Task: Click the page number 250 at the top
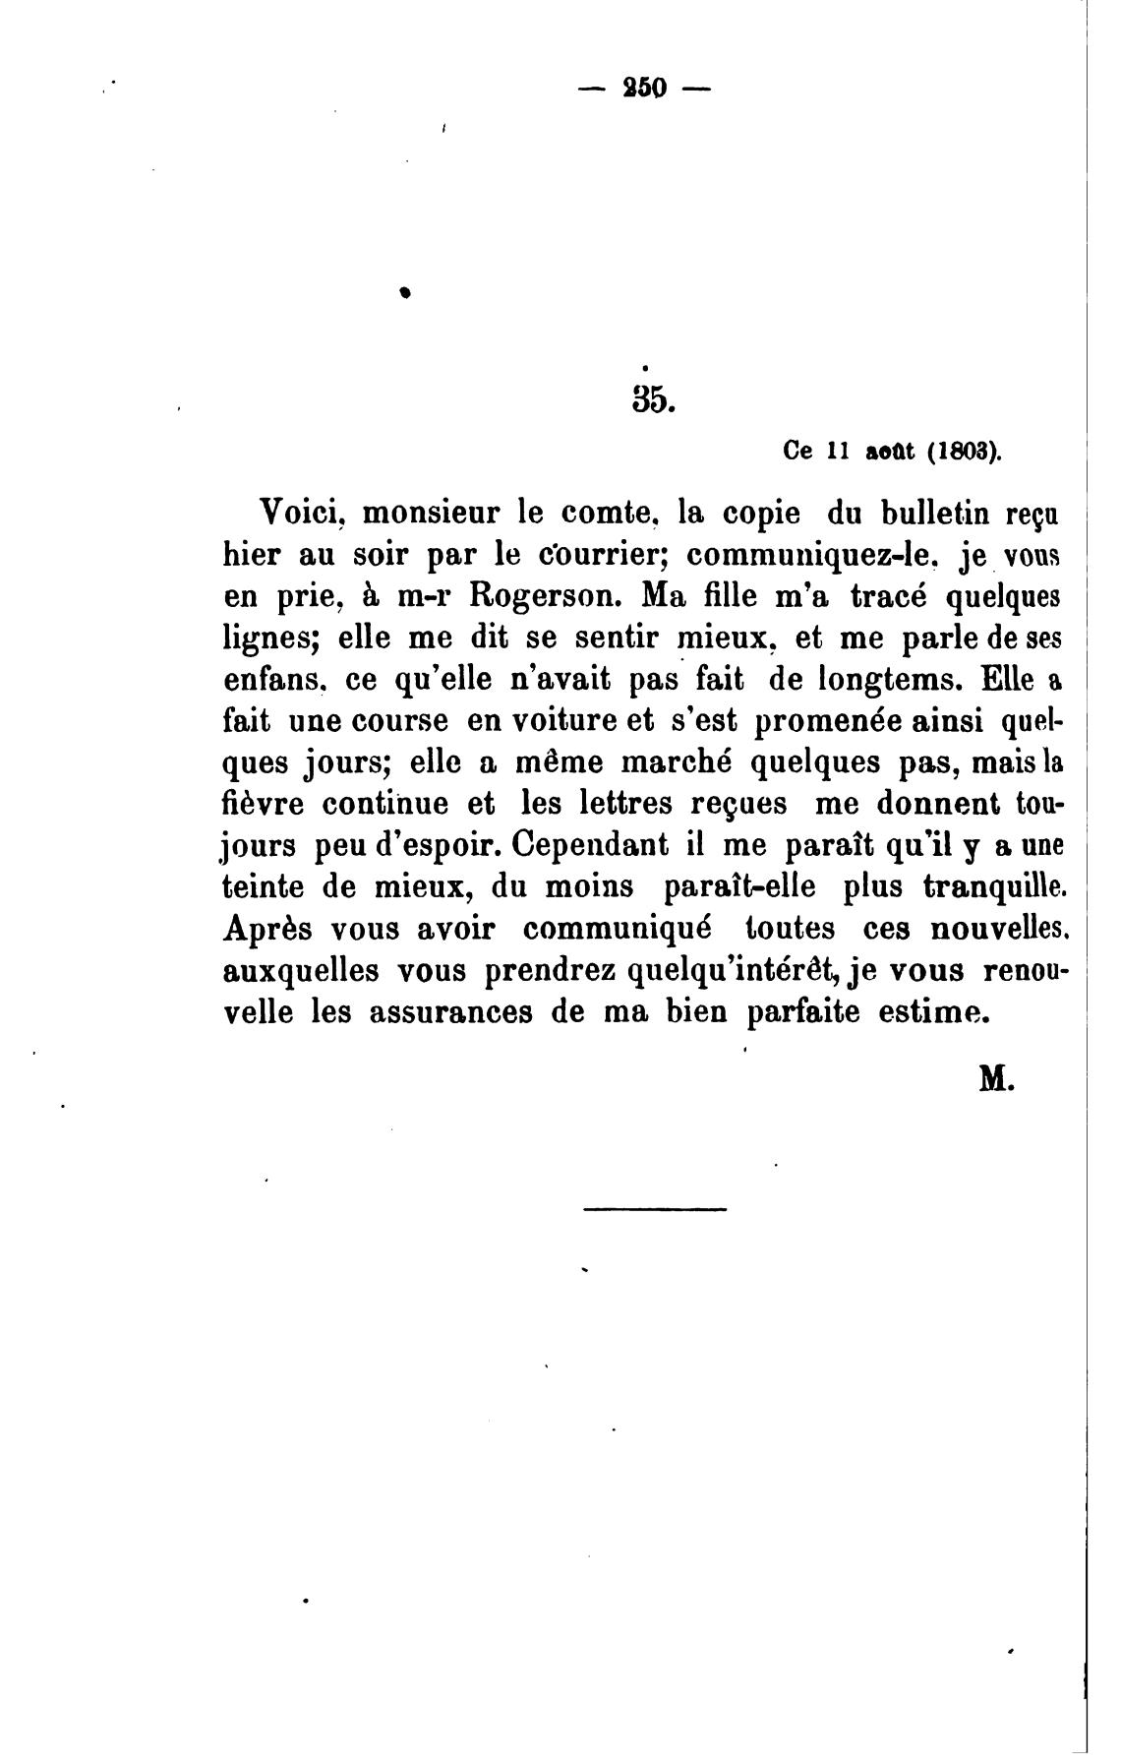pos(644,89)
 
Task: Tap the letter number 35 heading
pos(650,398)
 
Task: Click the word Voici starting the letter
pos(297,513)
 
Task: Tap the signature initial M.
pos(995,1079)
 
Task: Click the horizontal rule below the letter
pos(655,1208)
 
